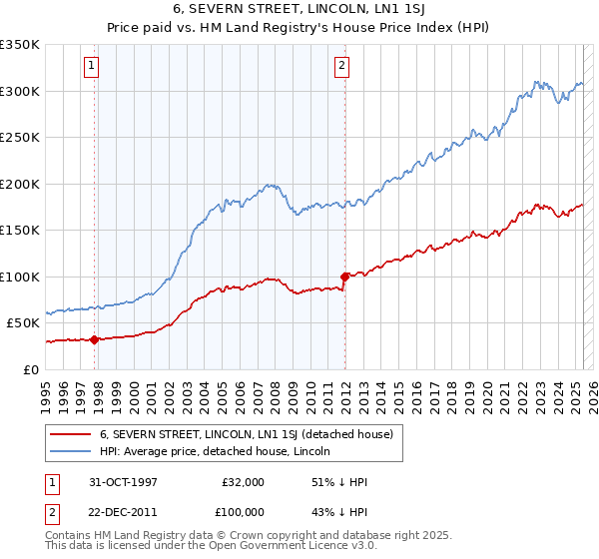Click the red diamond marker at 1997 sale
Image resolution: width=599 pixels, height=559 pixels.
[95, 339]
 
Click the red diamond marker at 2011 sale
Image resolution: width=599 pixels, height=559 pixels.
[344, 277]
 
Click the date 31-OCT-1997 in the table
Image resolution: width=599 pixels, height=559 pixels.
[126, 482]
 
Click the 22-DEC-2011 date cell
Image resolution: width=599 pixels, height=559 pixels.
[126, 511]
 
